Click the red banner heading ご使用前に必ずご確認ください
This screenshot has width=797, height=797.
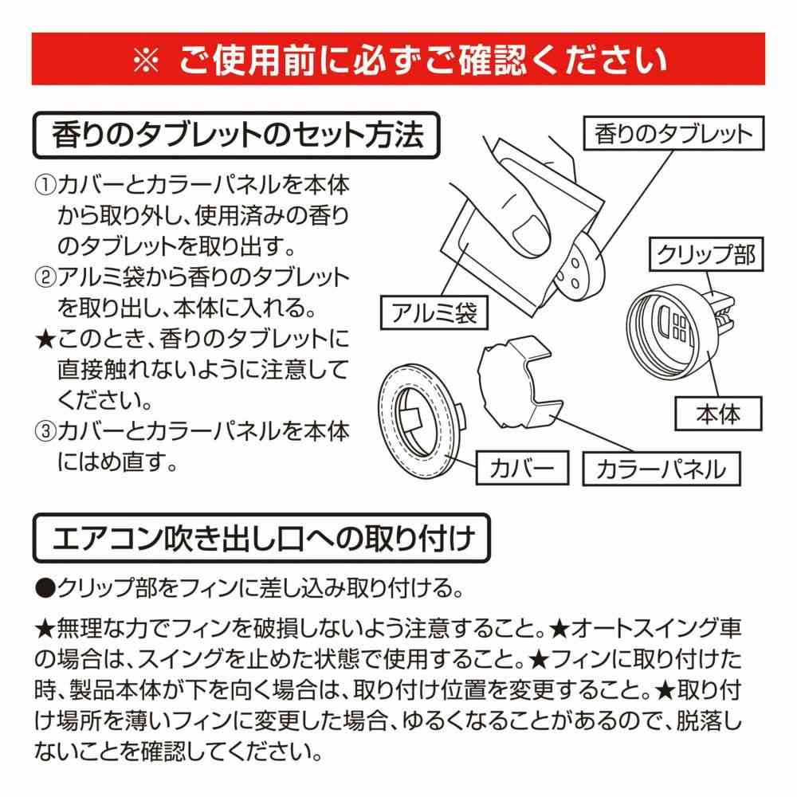pyautogui.click(x=423, y=60)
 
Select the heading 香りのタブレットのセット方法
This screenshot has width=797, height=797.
pyautogui.click(x=237, y=135)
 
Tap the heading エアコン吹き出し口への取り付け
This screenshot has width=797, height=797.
pyautogui.click(x=262, y=538)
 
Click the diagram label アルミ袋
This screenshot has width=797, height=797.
pyautogui.click(x=434, y=312)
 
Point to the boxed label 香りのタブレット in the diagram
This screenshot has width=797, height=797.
pyautogui.click(x=673, y=133)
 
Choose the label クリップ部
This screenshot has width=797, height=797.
pyautogui.click(x=706, y=254)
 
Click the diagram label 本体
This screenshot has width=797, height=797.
pyautogui.click(x=718, y=414)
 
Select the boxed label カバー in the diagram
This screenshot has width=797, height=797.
pyautogui.click(x=522, y=468)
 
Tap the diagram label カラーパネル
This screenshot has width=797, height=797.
pyautogui.click(x=662, y=469)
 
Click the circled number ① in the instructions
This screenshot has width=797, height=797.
pyautogui.click(x=45, y=185)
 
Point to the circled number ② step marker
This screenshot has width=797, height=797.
pyautogui.click(x=45, y=277)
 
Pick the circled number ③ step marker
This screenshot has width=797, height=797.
pyautogui.click(x=45, y=431)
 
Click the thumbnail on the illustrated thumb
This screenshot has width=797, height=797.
pyautogui.click(x=532, y=235)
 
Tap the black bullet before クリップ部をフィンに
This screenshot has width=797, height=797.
pyautogui.click(x=45, y=588)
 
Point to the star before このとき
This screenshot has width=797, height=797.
pyautogui.click(x=45, y=339)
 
